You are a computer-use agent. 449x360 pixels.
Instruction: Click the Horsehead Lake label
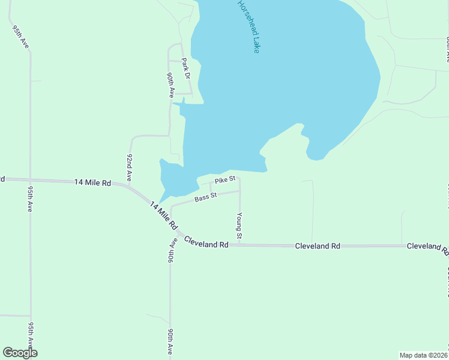coord(249,26)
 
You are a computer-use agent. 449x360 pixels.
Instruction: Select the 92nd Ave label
coord(129,167)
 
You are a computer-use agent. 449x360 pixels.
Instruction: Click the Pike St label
coord(224,179)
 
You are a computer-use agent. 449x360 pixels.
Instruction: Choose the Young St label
coord(239,226)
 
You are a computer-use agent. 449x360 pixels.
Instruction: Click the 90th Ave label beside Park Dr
coord(170,85)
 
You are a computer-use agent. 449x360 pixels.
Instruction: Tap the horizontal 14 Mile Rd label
coord(93,182)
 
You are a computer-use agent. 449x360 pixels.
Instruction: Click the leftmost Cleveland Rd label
coord(206,244)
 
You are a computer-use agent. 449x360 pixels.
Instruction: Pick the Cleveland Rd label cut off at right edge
coord(427,247)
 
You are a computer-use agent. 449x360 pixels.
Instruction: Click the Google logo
coord(20,353)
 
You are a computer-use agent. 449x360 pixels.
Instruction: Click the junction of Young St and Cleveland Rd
coord(240,245)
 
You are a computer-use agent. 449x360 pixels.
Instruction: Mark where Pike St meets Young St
coord(240,178)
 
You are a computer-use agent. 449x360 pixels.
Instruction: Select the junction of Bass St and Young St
coord(240,191)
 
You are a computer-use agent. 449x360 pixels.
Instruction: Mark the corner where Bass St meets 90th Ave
coord(172,206)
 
